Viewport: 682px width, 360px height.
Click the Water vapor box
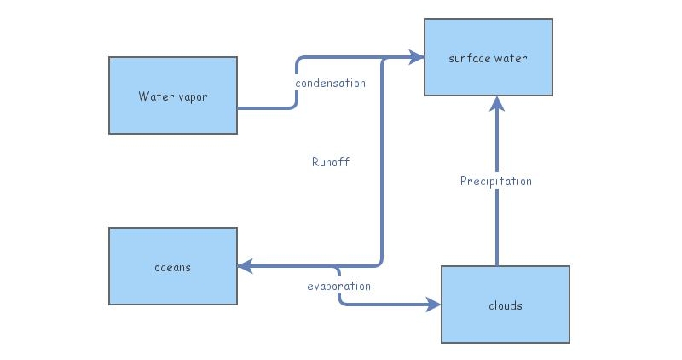[x=173, y=96]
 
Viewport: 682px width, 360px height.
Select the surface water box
[x=488, y=57]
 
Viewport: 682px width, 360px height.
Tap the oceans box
[x=173, y=266]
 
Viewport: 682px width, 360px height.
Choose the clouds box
[x=505, y=305]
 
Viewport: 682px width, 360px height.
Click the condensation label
[x=330, y=84]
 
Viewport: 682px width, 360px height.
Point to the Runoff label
[x=331, y=161]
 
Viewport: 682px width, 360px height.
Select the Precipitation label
[x=495, y=181]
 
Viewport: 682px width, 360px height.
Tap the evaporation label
[x=338, y=286]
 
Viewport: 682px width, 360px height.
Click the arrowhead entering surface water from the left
[x=417, y=58]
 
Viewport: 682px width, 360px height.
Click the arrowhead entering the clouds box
[x=434, y=305]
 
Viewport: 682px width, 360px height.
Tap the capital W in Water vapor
[x=143, y=96]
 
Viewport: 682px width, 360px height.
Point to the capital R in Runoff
[x=315, y=161]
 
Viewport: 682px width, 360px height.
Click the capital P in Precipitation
[x=464, y=181]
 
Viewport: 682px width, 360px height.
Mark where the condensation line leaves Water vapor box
[x=240, y=108]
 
